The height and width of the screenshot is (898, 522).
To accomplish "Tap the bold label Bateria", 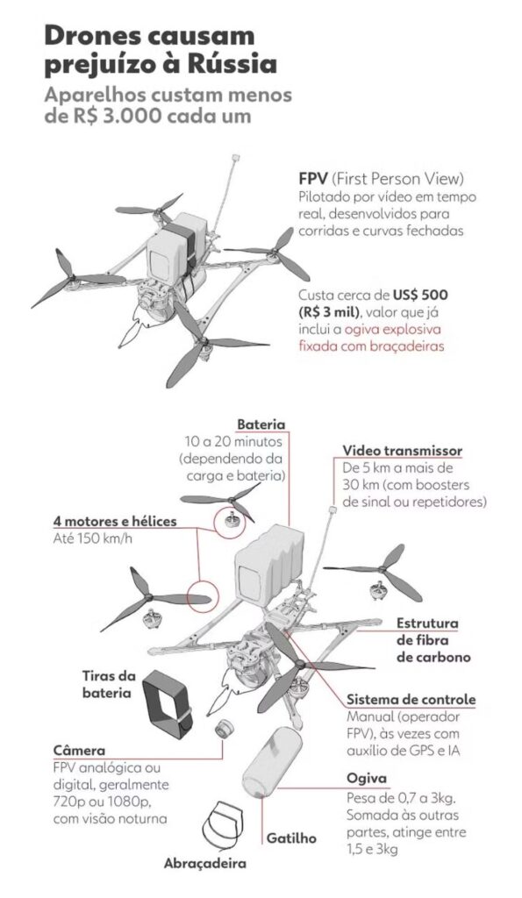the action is [x=261, y=424].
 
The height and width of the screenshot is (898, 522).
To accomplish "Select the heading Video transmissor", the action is [x=402, y=450].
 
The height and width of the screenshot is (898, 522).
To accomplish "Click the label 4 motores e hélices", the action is [x=115, y=521].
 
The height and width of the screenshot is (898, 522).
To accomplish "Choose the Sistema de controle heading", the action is [x=411, y=699].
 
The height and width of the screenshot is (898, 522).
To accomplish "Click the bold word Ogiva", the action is [x=367, y=779].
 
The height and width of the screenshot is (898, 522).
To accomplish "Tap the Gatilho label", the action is [x=291, y=837].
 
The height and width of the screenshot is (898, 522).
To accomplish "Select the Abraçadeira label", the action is [x=205, y=863].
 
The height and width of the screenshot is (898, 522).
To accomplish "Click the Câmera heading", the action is [x=79, y=750].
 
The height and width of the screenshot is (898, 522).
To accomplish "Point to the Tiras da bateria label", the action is [x=109, y=684].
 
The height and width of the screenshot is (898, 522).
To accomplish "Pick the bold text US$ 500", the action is [x=420, y=296].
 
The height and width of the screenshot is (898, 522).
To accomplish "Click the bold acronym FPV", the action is [x=313, y=179].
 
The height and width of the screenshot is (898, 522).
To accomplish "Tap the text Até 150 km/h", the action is [x=93, y=538].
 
